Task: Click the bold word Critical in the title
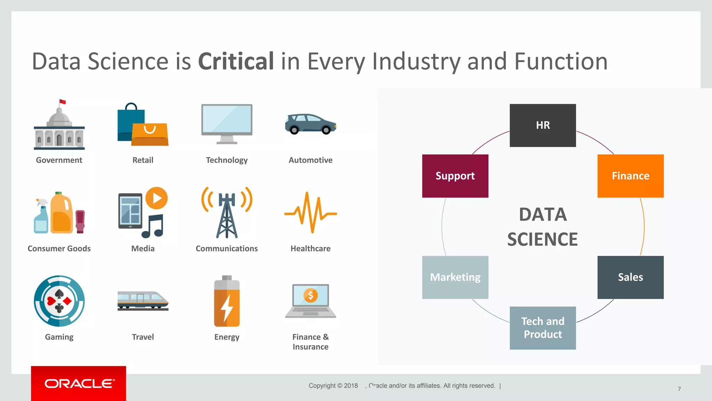tap(236, 62)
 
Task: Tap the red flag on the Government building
tap(63, 102)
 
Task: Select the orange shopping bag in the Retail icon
tap(150, 134)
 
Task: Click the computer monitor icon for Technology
tap(227, 120)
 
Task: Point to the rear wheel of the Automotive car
tap(294, 130)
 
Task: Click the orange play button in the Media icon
tap(156, 198)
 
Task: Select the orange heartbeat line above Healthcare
tap(310, 213)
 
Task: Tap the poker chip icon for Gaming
tap(59, 301)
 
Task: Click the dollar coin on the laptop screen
tap(310, 296)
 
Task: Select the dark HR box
tap(542, 125)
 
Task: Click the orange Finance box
tap(630, 176)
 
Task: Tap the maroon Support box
tap(455, 176)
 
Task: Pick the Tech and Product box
tap(542, 328)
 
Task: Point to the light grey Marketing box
tap(455, 277)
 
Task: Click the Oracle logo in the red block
tap(79, 384)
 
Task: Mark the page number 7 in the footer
tap(679, 389)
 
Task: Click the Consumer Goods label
tap(59, 249)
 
